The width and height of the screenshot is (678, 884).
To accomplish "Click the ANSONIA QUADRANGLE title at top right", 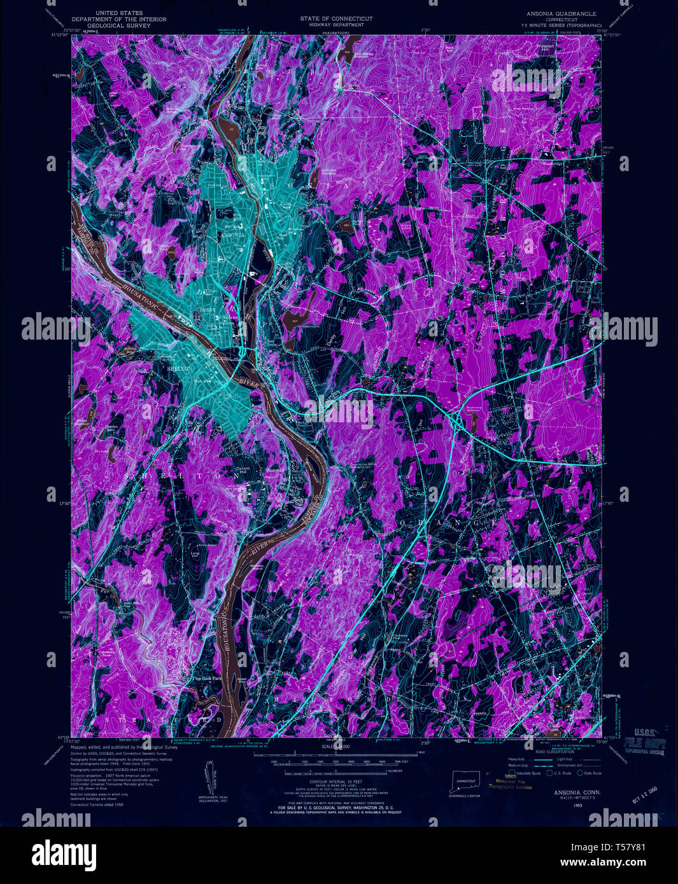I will (x=561, y=13).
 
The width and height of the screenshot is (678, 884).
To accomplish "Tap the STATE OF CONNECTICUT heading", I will (x=337, y=18).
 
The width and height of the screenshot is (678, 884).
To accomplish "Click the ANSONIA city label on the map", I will (x=232, y=234).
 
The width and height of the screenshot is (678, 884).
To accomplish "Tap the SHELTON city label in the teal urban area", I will (x=178, y=368).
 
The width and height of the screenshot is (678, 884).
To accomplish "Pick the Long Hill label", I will (x=195, y=555).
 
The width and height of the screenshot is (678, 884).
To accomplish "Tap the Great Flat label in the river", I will (x=243, y=681).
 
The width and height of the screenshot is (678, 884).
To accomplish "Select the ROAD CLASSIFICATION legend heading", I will (x=553, y=751).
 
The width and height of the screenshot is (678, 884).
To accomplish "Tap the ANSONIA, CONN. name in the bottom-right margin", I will (x=560, y=792).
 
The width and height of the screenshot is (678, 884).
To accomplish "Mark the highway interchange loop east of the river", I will (x=457, y=420).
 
